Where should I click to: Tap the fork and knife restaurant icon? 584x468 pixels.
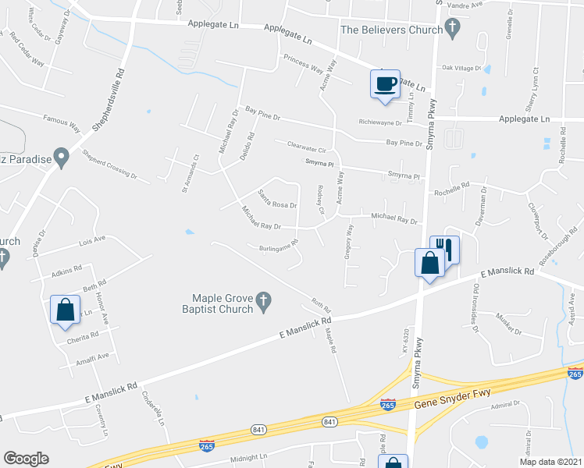[444, 249]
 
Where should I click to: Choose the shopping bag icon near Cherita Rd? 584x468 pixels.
[65, 309]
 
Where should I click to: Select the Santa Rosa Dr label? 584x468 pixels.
[278, 200]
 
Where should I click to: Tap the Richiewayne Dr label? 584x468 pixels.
[380, 122]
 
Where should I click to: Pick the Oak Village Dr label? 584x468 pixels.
[462, 69]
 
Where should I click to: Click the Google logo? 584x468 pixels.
[26, 459]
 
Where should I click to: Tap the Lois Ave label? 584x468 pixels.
[91, 240]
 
